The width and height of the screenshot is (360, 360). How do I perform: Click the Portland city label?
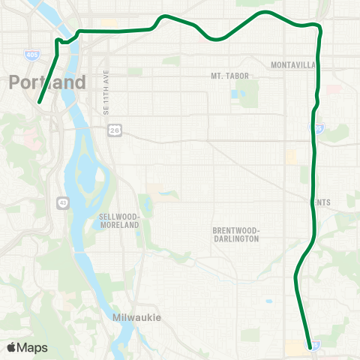point(48,82)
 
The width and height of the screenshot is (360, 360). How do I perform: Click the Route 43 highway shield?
point(61,201)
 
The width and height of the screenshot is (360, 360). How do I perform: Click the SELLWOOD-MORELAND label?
point(121,221)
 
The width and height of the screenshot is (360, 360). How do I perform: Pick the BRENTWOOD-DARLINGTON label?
point(235,234)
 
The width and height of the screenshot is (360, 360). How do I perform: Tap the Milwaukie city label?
point(136,317)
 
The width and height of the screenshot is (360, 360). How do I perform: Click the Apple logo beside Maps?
point(12,347)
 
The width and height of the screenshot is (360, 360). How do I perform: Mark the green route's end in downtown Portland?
point(39,103)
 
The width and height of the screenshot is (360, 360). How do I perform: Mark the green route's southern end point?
point(309,344)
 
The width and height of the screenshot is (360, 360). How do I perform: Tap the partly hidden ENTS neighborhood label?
point(323,202)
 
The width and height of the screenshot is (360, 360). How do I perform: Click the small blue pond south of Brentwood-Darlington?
point(268,301)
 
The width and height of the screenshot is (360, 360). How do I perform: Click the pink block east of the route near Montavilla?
point(329,91)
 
